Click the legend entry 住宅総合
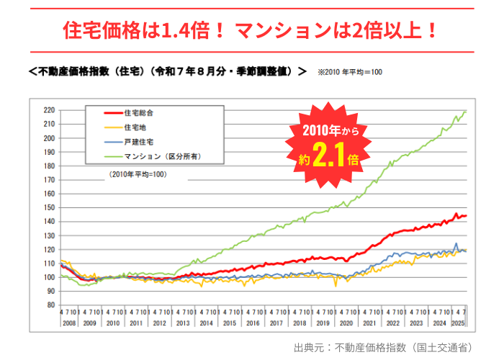pyautogui.click(x=139, y=113)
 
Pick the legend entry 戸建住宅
pyautogui.click(x=137, y=142)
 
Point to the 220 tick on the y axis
pyautogui.click(x=50, y=110)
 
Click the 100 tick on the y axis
pyautogui.click(x=50, y=277)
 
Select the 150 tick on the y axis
pyautogui.click(x=50, y=207)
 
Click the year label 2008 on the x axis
pyautogui.click(x=70, y=323)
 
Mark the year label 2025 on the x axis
pyautogui.click(x=458, y=323)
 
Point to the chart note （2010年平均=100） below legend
pyautogui.click(x=138, y=174)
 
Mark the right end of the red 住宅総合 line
pyautogui.click(x=466, y=216)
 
